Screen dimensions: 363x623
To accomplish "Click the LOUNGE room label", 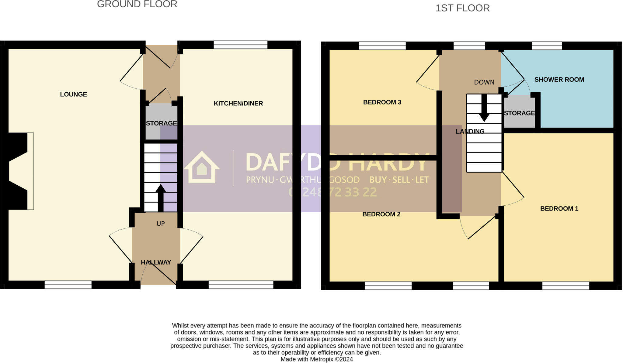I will pyautogui.click(x=73, y=94).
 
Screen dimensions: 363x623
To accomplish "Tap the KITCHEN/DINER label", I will pyautogui.click(x=238, y=104).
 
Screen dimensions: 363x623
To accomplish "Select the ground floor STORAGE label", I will pyautogui.click(x=161, y=123).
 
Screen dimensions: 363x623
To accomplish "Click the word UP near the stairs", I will pyautogui.click(x=161, y=224).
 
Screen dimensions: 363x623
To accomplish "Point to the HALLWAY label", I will pyautogui.click(x=156, y=262).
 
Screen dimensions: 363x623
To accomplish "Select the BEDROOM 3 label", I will pyautogui.click(x=382, y=102).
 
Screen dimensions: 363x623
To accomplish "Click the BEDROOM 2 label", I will pyautogui.click(x=381, y=214).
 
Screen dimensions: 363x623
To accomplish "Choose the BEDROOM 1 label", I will pyautogui.click(x=559, y=209).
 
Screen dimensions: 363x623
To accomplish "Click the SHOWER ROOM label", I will pyautogui.click(x=559, y=80).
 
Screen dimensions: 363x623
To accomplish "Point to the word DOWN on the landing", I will pyautogui.click(x=484, y=82).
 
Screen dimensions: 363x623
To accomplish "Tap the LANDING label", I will pyautogui.click(x=470, y=132).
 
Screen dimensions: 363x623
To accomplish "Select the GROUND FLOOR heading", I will pyautogui.click(x=137, y=4).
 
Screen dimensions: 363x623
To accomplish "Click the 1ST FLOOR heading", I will pyautogui.click(x=462, y=8).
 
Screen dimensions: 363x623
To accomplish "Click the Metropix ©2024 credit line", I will pyautogui.click(x=316, y=359).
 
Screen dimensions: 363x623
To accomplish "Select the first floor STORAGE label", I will pyautogui.click(x=519, y=113).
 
